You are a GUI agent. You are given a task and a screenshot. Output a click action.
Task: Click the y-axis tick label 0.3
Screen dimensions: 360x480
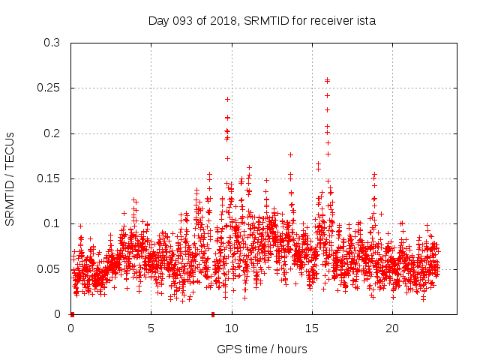click(x=52, y=43)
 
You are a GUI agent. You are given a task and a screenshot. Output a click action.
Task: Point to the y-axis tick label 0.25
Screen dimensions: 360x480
click(x=49, y=88)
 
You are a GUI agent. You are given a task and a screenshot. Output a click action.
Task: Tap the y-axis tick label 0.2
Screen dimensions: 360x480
click(x=52, y=133)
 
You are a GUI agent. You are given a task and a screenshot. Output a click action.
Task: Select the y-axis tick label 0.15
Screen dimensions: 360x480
click(x=49, y=179)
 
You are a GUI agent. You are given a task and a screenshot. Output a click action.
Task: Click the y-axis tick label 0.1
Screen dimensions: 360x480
click(x=52, y=224)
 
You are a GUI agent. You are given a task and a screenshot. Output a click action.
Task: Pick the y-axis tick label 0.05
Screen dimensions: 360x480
click(x=49, y=269)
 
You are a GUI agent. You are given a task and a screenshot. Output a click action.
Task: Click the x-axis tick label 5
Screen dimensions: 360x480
click(x=151, y=328)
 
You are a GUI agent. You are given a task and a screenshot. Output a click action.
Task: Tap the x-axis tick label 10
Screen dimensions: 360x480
click(x=232, y=328)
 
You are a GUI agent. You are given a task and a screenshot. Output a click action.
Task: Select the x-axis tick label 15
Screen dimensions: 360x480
click(x=312, y=328)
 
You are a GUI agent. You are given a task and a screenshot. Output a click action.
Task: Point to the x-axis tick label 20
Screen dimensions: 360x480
click(x=392, y=328)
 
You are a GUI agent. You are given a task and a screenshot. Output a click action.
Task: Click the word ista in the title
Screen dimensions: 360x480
click(x=367, y=20)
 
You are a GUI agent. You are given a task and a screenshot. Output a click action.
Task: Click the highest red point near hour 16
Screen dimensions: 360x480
click(x=327, y=80)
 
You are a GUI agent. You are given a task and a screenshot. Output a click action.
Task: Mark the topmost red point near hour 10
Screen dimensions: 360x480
click(x=227, y=99)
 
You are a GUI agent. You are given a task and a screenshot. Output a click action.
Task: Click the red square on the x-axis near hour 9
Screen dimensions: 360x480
click(x=213, y=314)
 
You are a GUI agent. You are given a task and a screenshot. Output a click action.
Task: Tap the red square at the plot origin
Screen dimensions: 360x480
click(x=72, y=314)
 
